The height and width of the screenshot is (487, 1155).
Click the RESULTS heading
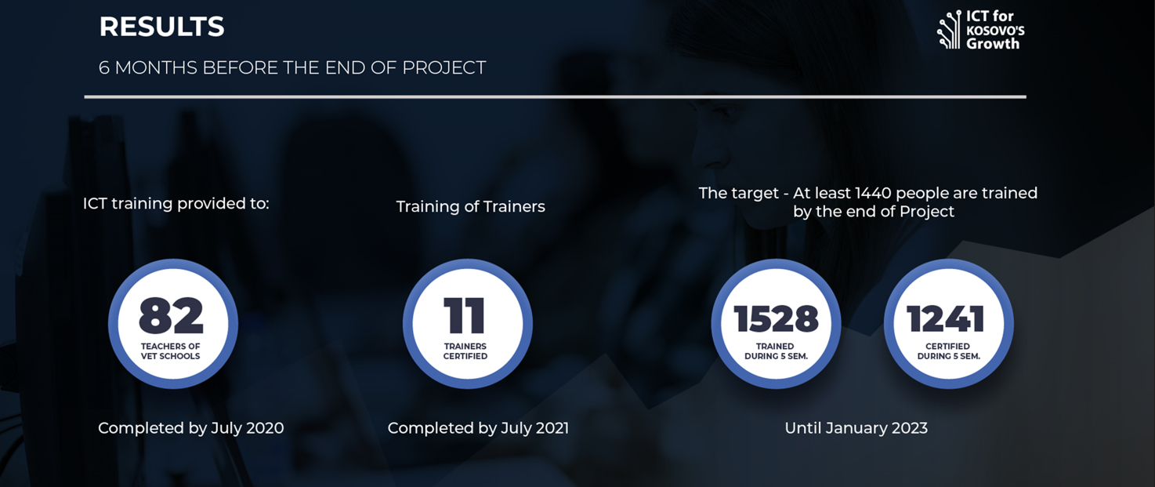click(162, 27)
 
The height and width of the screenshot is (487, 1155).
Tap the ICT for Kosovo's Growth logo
click(981, 31)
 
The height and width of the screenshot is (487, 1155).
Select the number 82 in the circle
click(171, 315)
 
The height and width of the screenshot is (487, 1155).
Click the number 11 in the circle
click(465, 315)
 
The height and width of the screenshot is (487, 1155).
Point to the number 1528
click(776, 318)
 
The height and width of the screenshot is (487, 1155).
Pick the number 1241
click(946, 318)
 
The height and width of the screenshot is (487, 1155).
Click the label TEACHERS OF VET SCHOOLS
click(171, 351)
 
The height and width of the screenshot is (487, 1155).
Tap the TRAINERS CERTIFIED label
click(465, 351)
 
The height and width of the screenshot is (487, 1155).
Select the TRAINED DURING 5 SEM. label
click(776, 351)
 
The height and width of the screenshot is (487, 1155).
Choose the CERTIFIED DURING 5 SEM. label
click(948, 351)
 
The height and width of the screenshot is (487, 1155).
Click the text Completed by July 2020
click(190, 428)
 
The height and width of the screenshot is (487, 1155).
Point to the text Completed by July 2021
click(478, 428)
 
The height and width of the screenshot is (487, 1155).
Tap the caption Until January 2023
click(856, 428)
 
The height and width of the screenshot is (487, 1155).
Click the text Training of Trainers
click(470, 206)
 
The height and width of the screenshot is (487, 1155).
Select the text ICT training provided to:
click(176, 204)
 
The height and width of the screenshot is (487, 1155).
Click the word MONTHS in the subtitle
click(156, 67)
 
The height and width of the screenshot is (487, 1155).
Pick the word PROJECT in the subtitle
click(444, 67)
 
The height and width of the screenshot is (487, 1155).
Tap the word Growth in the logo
click(993, 44)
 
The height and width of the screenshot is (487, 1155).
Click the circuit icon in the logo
click(949, 31)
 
